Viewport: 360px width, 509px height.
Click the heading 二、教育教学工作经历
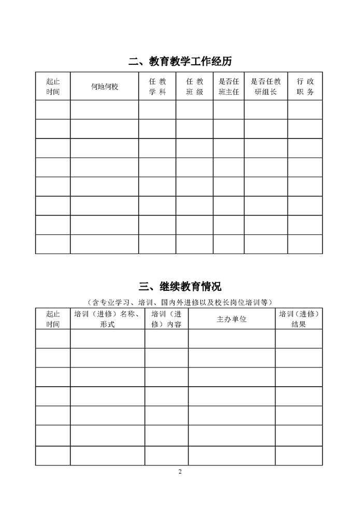coord(180,61)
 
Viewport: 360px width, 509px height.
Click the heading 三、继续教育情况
coord(180,286)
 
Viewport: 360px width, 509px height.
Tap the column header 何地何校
coord(105,86)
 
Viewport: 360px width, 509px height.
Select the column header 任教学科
coord(157,86)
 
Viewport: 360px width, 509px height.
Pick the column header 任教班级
coord(194,86)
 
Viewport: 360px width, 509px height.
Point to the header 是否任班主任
coord(228,86)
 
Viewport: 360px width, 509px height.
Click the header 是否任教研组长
coord(266,86)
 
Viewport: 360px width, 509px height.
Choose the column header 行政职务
coord(305,86)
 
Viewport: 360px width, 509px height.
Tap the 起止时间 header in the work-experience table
coord(53,86)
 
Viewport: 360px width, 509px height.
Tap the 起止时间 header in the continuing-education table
coord(53,319)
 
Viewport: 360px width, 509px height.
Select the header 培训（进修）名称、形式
coord(107,319)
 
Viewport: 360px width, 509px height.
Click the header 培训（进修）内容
coord(166,319)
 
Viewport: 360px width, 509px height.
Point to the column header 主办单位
coord(232,319)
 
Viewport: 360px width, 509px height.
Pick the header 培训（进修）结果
coord(299,319)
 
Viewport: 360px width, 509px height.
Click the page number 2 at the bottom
coord(180,471)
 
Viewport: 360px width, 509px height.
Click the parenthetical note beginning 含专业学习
coord(180,302)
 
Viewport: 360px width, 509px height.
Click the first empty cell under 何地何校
coord(105,109)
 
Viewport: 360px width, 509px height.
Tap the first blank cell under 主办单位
coord(232,338)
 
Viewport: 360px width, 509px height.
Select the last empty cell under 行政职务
coord(305,244)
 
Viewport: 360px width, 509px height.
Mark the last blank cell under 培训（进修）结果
coord(299,455)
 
